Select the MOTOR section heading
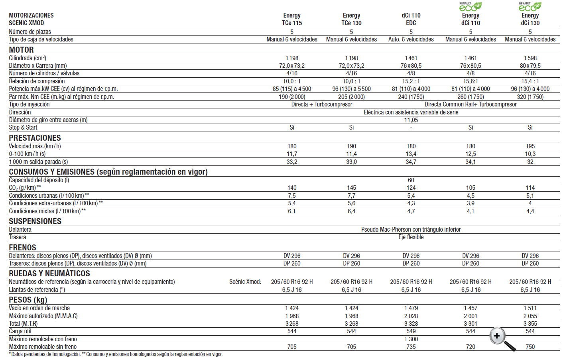21,50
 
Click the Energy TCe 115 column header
292,19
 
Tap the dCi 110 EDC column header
411,19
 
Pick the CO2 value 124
411,188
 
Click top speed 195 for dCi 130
530,146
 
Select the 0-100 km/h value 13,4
411,154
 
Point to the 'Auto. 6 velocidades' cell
411,39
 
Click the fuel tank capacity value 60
411,180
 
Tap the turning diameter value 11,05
411,120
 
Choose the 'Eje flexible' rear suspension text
411,237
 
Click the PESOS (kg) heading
28,300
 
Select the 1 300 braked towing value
411,339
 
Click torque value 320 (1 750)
530,97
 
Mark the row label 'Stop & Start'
23,128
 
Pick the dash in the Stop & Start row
411,128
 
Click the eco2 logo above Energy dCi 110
470,6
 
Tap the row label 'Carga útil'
20,331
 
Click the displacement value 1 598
530,58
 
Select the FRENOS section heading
22,248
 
